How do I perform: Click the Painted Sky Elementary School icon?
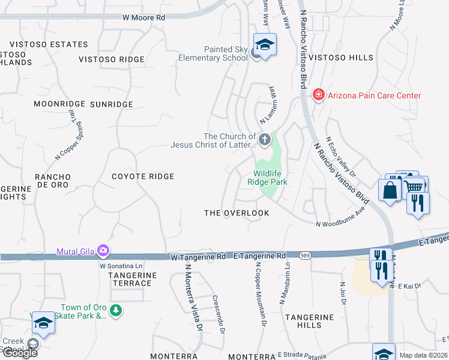[x=264, y=45]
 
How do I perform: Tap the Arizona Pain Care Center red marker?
[x=318, y=95]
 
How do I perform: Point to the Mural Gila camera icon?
[x=103, y=250]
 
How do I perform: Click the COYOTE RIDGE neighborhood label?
[x=143, y=176]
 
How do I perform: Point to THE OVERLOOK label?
[x=237, y=213]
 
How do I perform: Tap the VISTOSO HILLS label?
[x=345, y=58]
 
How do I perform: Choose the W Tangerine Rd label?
[x=197, y=256]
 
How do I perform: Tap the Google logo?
[x=19, y=353]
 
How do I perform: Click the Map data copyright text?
[x=424, y=355]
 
